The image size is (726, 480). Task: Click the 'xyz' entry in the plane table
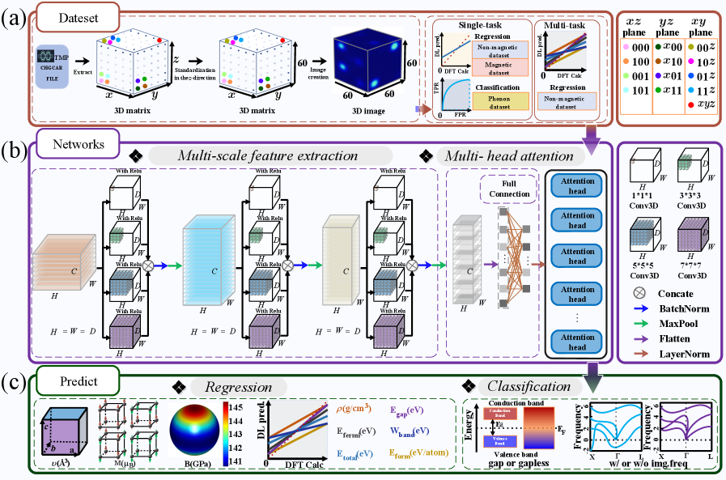tap(703, 104)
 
